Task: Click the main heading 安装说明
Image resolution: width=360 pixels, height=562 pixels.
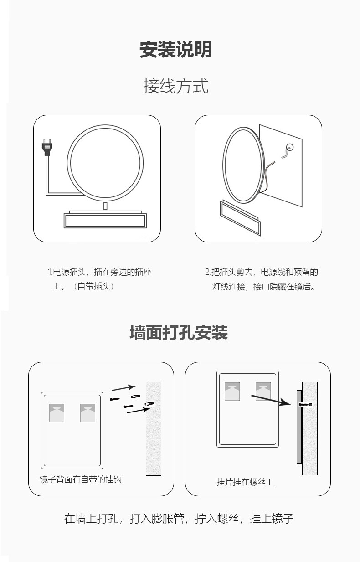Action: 175,49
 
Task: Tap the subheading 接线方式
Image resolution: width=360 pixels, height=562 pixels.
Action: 176,86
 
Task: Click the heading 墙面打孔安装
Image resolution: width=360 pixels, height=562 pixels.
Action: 179,332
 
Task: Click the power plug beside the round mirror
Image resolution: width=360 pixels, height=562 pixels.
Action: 46,148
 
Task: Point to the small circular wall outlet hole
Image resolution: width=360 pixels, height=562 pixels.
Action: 290,147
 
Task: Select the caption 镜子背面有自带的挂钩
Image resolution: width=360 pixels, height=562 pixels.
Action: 81,480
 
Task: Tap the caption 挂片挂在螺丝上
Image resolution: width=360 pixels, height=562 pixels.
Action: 245,482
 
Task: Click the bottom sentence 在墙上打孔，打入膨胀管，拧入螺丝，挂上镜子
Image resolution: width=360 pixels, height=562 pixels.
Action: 179,519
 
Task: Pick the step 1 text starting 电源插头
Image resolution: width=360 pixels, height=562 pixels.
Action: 100,279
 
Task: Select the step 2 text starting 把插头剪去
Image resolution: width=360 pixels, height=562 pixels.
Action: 262,279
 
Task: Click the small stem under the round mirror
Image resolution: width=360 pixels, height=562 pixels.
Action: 105,206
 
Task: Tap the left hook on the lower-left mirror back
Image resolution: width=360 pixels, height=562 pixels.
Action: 57,412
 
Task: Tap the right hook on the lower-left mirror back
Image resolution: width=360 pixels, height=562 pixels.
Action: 87,412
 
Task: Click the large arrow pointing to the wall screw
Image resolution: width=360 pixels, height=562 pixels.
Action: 272,400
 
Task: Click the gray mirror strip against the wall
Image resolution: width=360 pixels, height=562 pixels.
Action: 299,427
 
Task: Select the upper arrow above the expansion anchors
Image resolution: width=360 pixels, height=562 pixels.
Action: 123,387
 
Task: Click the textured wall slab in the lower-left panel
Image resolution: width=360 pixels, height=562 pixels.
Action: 154,428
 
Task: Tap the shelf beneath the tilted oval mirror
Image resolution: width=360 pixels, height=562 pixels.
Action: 240,218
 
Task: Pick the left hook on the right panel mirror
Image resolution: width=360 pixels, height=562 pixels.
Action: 232,392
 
